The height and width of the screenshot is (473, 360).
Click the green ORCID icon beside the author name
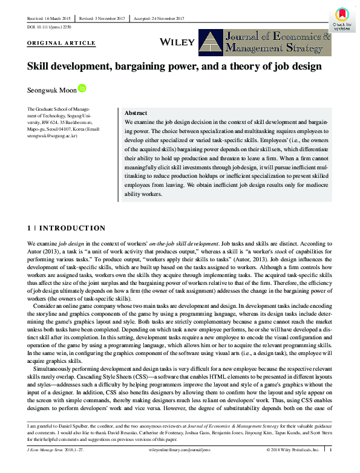[x=83, y=88]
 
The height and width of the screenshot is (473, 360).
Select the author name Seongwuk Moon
[x=52, y=90]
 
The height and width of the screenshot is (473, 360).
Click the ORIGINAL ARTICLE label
[x=62, y=44]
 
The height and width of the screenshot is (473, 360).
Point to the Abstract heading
[x=136, y=113]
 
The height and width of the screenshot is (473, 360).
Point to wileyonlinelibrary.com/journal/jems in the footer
[x=180, y=449]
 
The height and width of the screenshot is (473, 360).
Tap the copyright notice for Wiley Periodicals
[x=293, y=449]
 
